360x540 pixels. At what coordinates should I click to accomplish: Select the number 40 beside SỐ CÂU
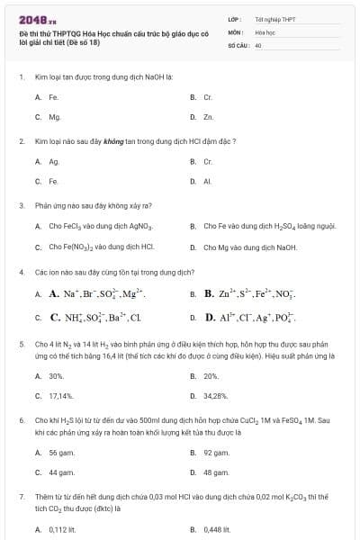coord(258,44)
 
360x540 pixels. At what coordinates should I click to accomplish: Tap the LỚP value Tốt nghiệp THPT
coord(275,19)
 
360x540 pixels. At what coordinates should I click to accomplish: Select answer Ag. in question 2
coord(54,161)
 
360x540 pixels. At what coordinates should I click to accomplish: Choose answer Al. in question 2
coord(207,181)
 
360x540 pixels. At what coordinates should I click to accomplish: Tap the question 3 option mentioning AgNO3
coord(101,226)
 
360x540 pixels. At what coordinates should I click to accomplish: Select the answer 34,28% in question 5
coord(216,395)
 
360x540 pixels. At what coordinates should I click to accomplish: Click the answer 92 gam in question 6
coord(216,453)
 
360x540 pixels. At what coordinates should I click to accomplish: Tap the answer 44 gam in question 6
coord(60,472)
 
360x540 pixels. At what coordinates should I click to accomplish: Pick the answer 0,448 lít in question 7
coord(217,529)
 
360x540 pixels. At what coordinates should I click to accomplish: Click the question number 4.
coord(21,271)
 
